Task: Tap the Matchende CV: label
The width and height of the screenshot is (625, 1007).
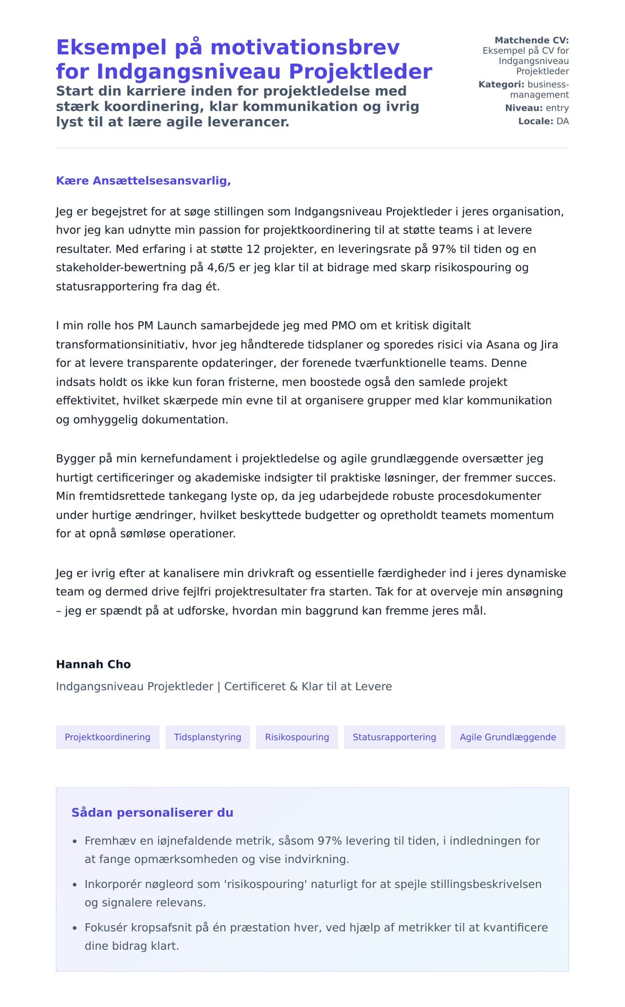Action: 531,40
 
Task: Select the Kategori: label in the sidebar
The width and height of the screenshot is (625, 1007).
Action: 501,84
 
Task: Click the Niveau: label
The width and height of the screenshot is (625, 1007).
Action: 523,108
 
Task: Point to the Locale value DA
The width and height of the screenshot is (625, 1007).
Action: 562,121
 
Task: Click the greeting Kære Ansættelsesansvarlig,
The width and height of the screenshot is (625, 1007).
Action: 143,181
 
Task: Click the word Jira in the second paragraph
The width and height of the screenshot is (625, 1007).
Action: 549,345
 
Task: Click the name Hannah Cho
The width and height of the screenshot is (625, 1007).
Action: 93,664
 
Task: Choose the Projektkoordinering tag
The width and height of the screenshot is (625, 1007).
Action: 107,737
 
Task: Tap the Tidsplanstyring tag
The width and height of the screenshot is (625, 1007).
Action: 207,737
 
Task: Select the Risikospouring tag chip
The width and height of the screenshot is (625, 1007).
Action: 297,737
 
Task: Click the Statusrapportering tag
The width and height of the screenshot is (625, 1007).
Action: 394,737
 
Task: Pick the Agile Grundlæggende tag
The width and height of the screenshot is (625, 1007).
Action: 508,737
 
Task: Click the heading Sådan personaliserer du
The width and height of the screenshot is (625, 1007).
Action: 152,813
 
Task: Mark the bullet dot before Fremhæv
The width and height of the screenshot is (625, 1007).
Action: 74,841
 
